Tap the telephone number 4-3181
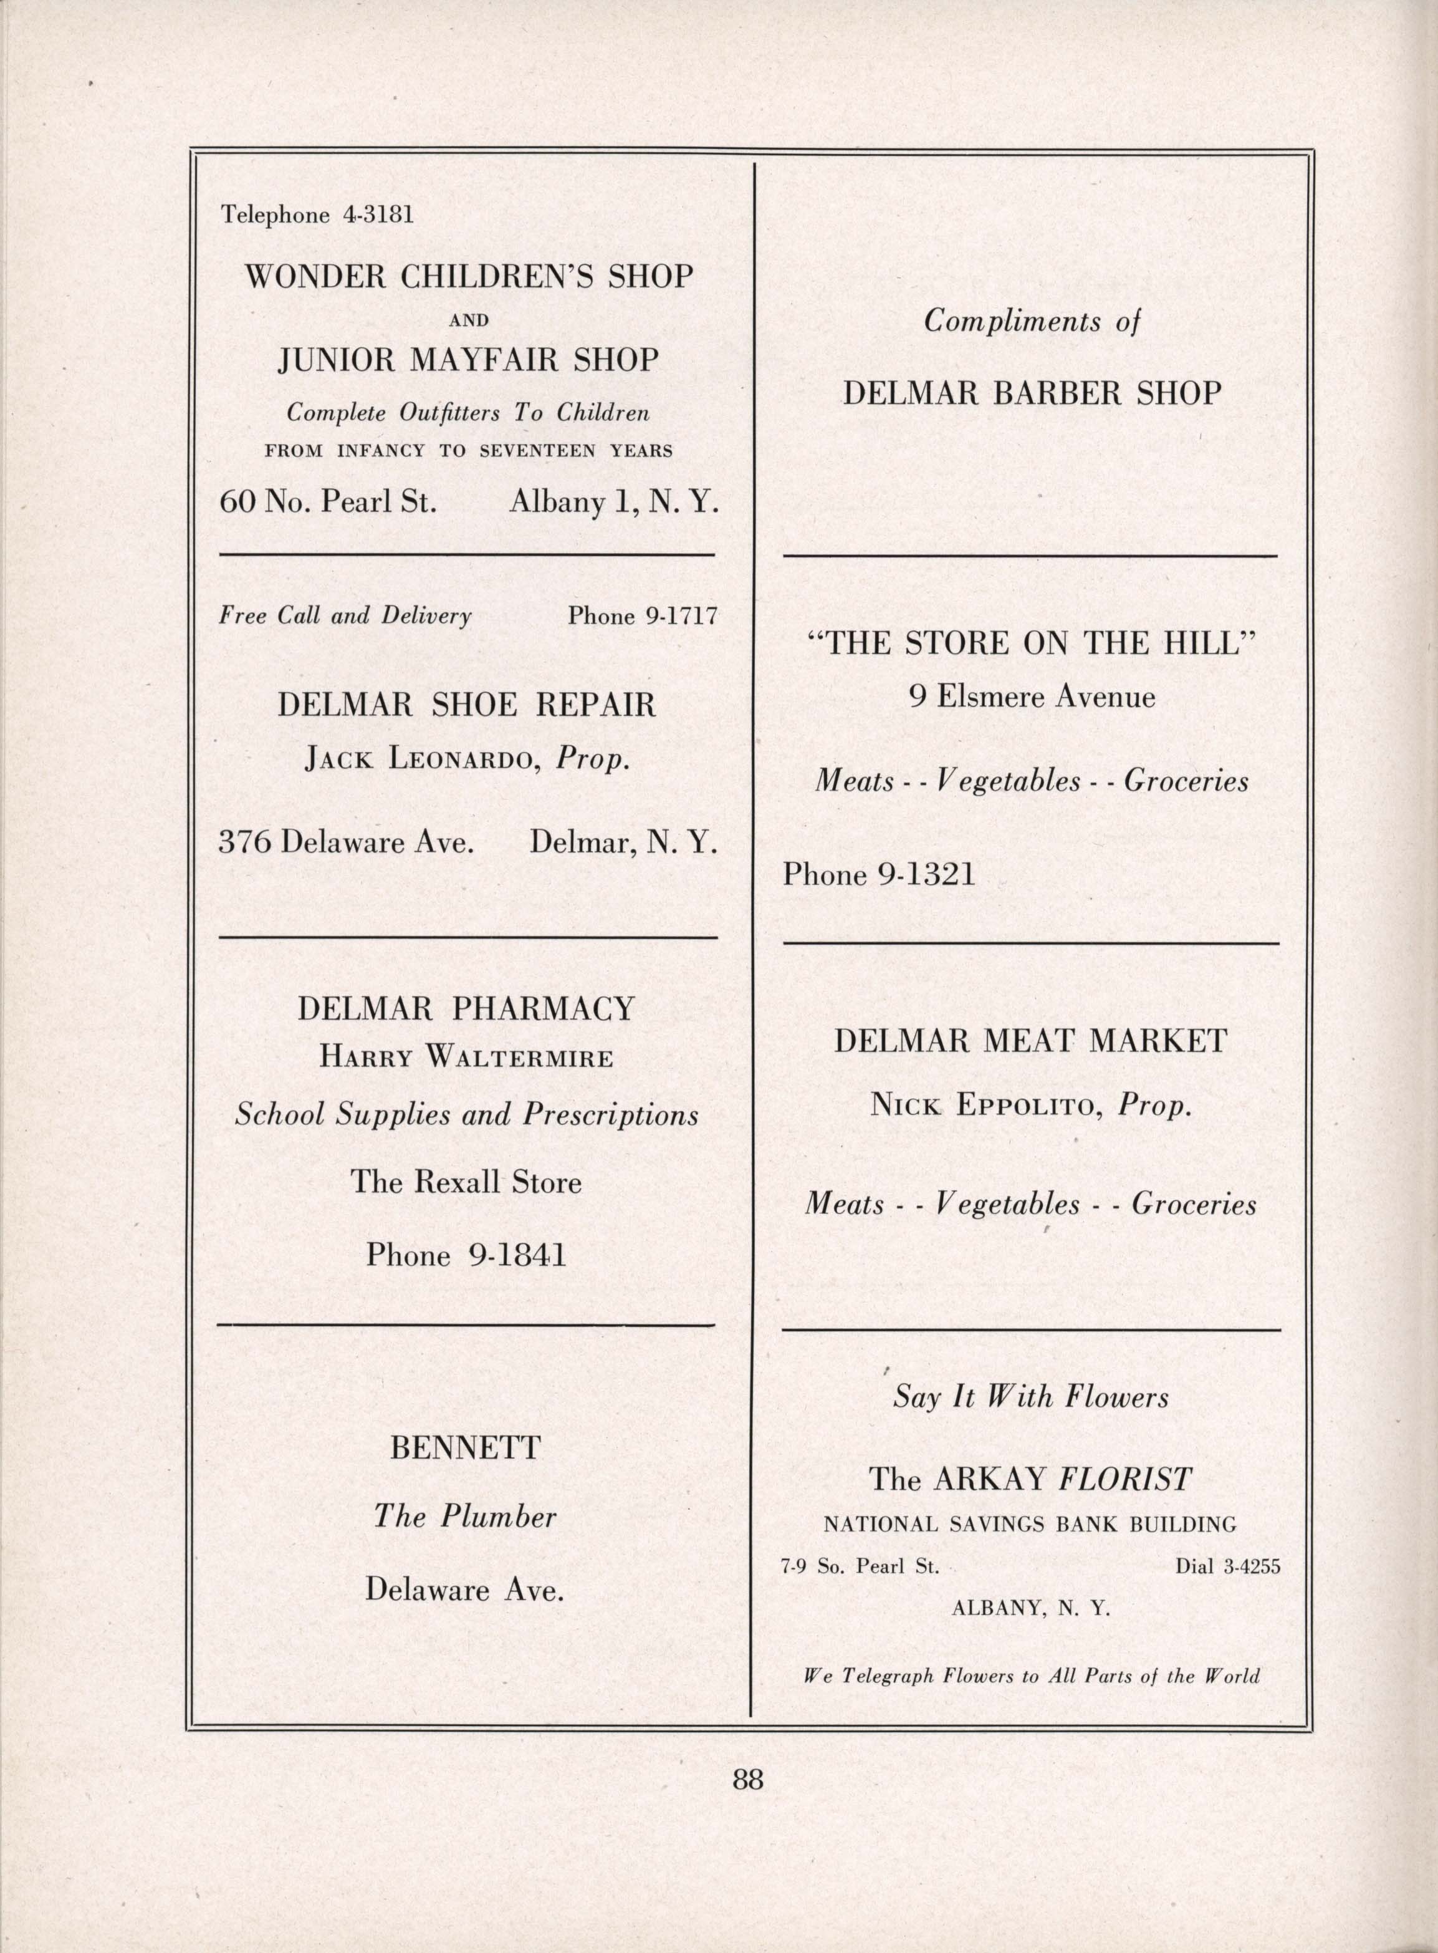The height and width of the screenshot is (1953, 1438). (x=378, y=215)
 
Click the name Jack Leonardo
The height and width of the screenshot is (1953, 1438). (x=417, y=760)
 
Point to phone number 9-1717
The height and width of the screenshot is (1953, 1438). (x=680, y=617)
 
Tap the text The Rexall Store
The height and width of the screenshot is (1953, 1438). (x=466, y=1182)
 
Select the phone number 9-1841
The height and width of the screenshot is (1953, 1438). (x=518, y=1255)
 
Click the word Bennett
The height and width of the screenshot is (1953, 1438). (x=466, y=1448)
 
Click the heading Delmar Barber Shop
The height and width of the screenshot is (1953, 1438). (x=1032, y=393)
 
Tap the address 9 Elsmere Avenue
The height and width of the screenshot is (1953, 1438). (x=1032, y=697)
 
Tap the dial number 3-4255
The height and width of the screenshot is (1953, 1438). (x=1252, y=1566)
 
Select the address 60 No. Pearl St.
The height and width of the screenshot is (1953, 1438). (x=327, y=503)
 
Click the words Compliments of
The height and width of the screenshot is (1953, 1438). (x=1032, y=322)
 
